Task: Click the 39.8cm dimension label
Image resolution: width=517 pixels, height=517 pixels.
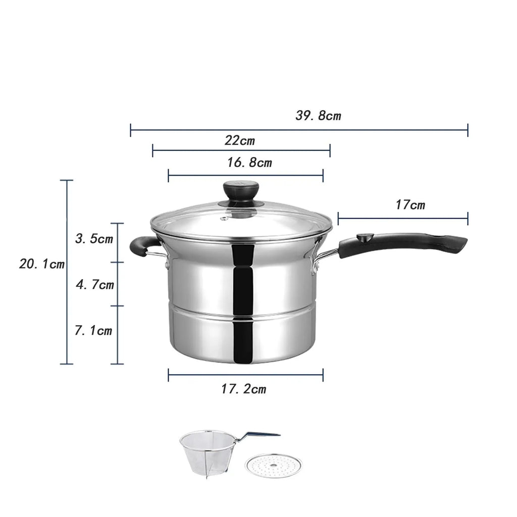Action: tap(318, 116)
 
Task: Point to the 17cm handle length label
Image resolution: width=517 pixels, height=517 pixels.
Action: tap(410, 205)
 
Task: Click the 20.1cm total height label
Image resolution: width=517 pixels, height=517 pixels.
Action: tap(42, 264)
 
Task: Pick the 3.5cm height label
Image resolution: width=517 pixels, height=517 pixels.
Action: tap(94, 239)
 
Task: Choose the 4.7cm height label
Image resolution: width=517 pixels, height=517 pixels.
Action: tap(95, 285)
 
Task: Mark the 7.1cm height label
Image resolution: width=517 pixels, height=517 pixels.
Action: tap(93, 331)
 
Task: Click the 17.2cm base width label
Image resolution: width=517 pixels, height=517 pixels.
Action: tap(243, 389)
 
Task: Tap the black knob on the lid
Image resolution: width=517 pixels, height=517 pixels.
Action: tap(241, 191)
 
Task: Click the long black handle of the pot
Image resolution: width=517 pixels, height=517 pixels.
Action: tap(404, 243)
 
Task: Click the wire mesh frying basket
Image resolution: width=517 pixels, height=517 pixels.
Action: tap(204, 452)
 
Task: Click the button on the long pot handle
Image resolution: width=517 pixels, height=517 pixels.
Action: tap(365, 237)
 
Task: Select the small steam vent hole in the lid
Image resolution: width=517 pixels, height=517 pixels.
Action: tap(223, 219)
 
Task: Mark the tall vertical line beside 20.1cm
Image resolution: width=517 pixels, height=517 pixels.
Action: tap(67, 303)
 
